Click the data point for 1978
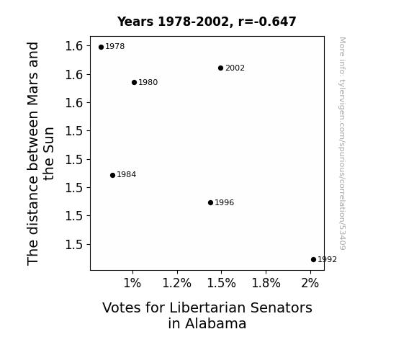click(x=101, y=48)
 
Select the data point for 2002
click(x=221, y=68)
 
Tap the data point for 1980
click(x=134, y=82)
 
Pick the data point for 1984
click(x=112, y=175)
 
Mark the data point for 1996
click(x=210, y=202)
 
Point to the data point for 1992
click(x=313, y=260)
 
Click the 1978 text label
click(x=115, y=47)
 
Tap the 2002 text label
click(x=235, y=68)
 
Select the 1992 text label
click(x=327, y=260)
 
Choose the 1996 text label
click(x=224, y=202)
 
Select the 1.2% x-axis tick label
click(x=176, y=283)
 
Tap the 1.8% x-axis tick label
click(x=266, y=283)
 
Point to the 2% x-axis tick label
click(x=310, y=283)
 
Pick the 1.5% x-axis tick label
click(x=221, y=283)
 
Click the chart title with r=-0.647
click(x=207, y=22)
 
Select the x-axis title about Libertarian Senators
click(x=207, y=315)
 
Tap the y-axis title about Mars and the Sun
click(x=40, y=153)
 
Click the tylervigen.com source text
click(x=342, y=143)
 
